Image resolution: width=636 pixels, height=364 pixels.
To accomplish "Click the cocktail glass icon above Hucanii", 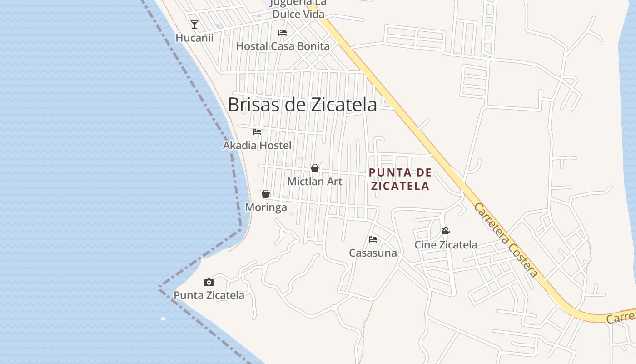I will [194, 25].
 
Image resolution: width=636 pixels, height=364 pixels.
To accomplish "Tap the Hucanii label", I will [194, 38].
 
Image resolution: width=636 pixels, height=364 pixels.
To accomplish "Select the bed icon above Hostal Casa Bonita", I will [283, 33].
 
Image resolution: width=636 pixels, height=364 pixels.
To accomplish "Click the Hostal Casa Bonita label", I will [283, 46].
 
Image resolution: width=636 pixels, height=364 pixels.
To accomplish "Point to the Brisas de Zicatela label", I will [302, 105].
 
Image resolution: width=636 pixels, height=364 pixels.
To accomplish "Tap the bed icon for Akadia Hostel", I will [257, 132].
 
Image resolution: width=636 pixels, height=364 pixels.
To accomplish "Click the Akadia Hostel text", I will [257, 145].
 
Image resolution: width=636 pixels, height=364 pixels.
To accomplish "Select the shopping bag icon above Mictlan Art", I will [315, 168].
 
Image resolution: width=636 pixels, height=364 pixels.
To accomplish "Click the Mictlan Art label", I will [315, 182].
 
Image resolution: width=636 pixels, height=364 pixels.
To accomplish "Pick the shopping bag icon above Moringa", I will [266, 194].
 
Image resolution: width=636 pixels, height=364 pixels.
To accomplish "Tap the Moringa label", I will [266, 207].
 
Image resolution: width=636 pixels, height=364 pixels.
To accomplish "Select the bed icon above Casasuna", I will [373, 239].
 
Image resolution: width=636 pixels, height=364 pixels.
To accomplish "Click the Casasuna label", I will [373, 253].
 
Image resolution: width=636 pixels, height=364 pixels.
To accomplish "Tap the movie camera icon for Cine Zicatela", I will [445, 231].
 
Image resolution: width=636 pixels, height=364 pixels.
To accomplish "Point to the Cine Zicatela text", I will [446, 245].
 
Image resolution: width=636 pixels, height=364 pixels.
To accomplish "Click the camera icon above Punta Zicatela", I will [209, 282].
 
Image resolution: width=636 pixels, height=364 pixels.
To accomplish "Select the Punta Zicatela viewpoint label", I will [209, 295].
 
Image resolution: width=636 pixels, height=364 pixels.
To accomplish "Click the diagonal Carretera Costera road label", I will [506, 240].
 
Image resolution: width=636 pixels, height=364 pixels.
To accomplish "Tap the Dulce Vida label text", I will [298, 14].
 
